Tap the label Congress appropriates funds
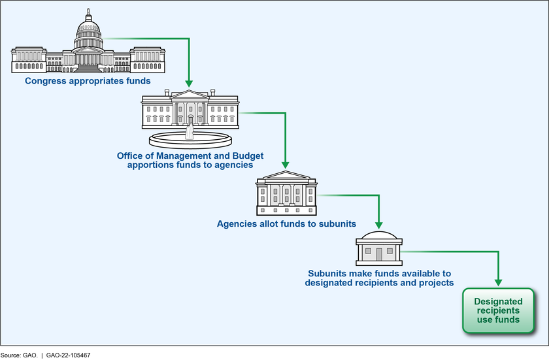88,81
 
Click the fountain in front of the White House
190,139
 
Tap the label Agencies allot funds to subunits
286,223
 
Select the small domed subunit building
378,249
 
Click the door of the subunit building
378,255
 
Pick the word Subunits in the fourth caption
327,273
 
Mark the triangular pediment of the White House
190,95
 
